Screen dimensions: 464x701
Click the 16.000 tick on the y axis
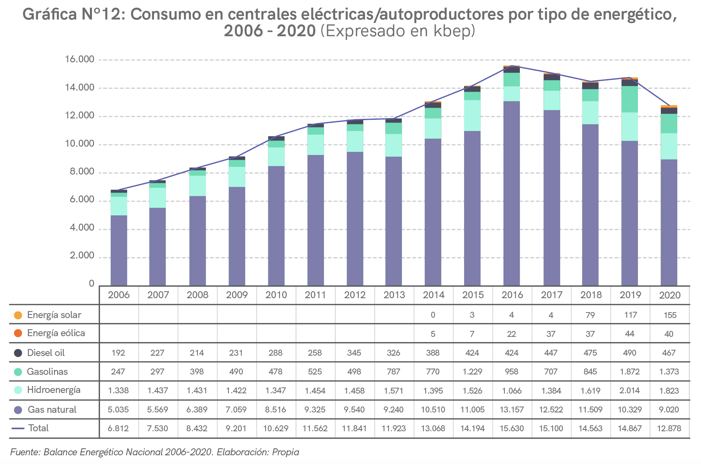[79, 60]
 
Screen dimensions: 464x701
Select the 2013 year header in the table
[394, 295]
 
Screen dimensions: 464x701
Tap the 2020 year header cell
[670, 295]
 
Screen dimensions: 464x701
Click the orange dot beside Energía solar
[18, 315]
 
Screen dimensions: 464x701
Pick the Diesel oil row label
[46, 353]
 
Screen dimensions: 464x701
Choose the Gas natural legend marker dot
[18, 410]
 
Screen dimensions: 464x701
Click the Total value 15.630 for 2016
[511, 428]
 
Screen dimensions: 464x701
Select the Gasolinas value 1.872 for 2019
[630, 372]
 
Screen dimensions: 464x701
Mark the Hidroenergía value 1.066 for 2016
[511, 390]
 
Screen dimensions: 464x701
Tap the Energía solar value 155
[670, 315]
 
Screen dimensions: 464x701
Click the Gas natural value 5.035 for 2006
[118, 410]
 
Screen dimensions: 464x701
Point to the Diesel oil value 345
[354, 353]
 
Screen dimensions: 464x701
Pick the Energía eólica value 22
[511, 334]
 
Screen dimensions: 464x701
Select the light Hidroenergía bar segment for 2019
[630, 126]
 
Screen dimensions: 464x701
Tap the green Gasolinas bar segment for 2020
[669, 123]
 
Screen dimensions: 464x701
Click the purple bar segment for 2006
[119, 251]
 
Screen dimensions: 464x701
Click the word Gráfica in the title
[49, 15]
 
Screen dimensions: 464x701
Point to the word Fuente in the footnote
[25, 452]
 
